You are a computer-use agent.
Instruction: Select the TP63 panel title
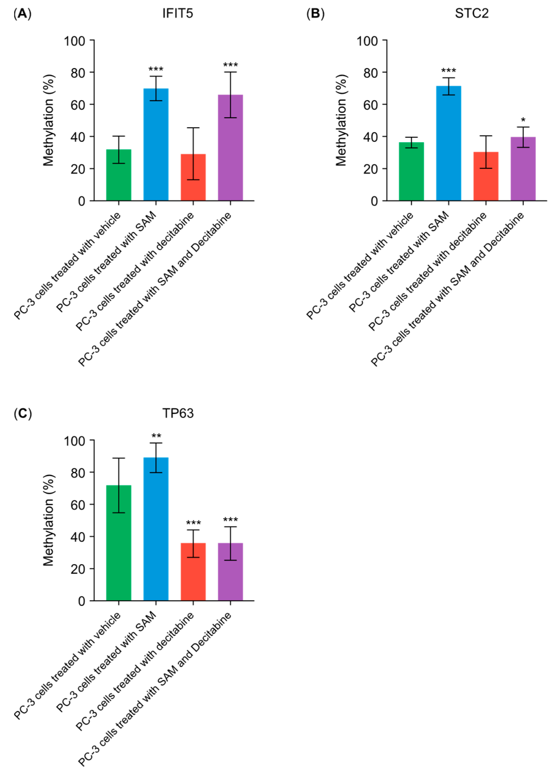pos(178,413)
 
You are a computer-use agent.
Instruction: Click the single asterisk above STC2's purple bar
pos(523,120)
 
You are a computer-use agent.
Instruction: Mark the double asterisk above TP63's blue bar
pos(156,436)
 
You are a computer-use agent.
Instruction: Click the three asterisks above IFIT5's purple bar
pos(231,65)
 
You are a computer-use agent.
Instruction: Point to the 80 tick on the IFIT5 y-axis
pos(78,73)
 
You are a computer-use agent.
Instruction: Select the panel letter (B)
pos(315,14)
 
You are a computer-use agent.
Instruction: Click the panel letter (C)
pos(23,413)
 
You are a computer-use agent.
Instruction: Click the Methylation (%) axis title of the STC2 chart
pos(341,120)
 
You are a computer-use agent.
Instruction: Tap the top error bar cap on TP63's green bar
pos(119,458)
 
